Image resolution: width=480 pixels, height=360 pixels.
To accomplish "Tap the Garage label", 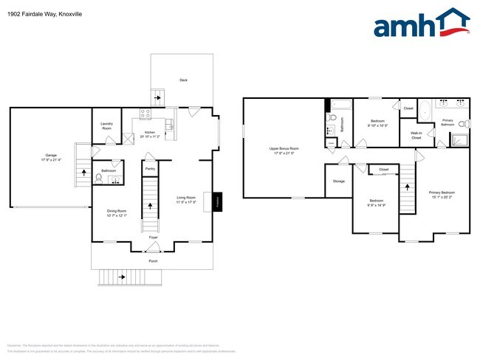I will point(51,156).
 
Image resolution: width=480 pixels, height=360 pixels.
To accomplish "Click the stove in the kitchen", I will point(145,114).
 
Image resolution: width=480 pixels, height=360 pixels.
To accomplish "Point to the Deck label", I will point(183,80).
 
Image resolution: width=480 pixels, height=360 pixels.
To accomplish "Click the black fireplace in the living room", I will point(217,202).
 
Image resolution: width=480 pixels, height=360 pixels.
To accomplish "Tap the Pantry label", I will point(150,169).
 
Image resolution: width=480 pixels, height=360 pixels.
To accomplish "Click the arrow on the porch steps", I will point(121,277).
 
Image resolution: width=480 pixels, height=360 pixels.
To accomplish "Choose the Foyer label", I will point(153,237).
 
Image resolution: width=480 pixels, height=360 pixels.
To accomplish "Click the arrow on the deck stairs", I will point(157,97).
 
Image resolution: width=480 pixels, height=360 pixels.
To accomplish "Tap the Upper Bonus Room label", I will point(284,148).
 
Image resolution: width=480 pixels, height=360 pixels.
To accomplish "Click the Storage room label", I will point(338,181).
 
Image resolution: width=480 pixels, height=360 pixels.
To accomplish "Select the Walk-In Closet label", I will point(416,136).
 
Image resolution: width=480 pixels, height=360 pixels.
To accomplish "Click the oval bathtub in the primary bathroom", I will point(425,110).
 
